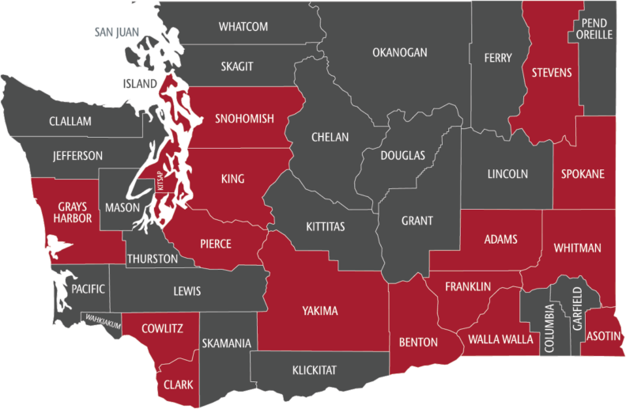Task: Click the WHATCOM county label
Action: (x=243, y=27)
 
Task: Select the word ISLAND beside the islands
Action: (x=139, y=82)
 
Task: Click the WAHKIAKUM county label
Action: (x=104, y=320)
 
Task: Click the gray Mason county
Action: (x=123, y=208)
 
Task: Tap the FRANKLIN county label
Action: (x=468, y=286)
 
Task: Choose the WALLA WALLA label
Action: (x=501, y=339)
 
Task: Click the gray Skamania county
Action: (x=226, y=343)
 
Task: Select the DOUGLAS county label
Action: (x=402, y=155)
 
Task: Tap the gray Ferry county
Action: (x=499, y=58)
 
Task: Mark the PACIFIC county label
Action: (x=87, y=290)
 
